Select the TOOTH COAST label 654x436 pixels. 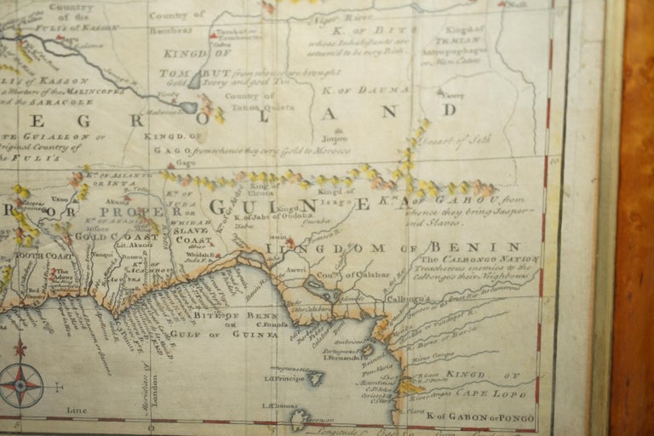(x=40, y=255)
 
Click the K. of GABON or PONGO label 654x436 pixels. (x=480, y=416)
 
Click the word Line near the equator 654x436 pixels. (x=77, y=410)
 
